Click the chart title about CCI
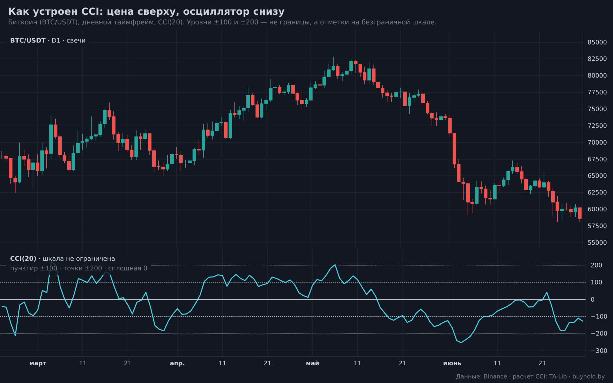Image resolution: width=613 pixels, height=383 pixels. [x=146, y=11]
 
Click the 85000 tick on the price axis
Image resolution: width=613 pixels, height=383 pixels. [x=597, y=42]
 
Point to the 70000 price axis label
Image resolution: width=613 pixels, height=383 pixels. [x=597, y=142]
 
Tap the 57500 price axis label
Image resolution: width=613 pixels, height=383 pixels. [x=597, y=226]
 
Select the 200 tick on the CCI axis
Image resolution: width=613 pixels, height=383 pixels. [x=596, y=265]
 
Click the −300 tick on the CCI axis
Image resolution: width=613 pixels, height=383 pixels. [x=598, y=351]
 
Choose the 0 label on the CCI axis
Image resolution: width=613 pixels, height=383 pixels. [x=592, y=300]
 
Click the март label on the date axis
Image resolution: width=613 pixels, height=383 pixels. [x=38, y=363]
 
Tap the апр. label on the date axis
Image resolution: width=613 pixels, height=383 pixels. [x=177, y=363]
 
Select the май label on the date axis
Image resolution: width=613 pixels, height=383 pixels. [x=312, y=363]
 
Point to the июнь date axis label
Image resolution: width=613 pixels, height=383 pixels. [x=452, y=363]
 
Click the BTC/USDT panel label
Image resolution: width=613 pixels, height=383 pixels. [x=28, y=40]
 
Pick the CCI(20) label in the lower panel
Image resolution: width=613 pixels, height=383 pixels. [x=23, y=259]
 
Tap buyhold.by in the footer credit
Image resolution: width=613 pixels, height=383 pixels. [x=588, y=376]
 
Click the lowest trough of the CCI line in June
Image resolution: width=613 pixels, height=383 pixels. [x=461, y=342]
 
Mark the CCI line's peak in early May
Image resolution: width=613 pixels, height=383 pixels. [x=335, y=265]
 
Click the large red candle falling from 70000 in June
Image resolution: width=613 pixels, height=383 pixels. [x=454, y=149]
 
